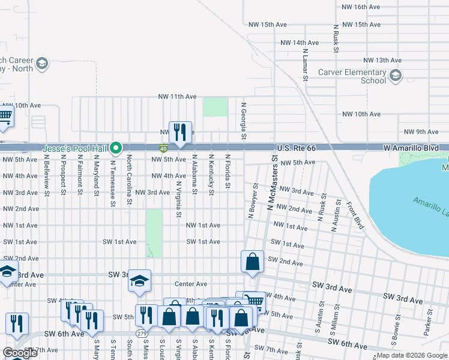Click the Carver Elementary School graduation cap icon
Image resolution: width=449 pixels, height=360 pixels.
point(396,76)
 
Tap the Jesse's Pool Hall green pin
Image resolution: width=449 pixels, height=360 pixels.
point(118,148)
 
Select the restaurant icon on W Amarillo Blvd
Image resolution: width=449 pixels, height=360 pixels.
point(180,132)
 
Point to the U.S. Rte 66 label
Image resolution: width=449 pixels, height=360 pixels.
point(296,148)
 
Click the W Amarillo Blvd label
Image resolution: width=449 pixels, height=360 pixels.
point(415,148)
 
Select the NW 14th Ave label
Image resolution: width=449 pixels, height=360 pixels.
point(299,43)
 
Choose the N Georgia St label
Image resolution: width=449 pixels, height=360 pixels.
point(244,121)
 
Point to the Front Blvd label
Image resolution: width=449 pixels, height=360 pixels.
point(355,215)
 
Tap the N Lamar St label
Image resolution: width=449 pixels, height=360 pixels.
point(306,65)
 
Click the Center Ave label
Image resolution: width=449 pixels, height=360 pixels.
point(191,284)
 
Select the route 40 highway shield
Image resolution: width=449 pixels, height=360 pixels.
point(163,148)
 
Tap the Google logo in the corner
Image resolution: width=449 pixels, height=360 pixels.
point(20,353)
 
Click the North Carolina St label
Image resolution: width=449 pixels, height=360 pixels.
point(129,180)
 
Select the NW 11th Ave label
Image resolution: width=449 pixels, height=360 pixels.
point(177,97)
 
